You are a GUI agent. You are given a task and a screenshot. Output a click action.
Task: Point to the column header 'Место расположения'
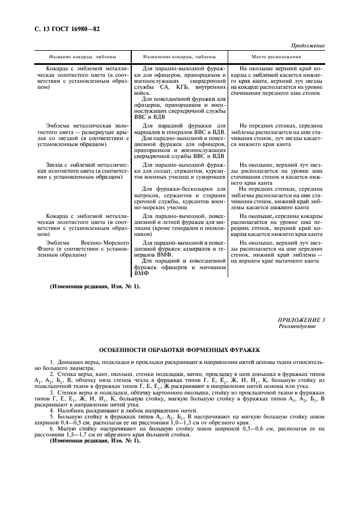coord(276,57)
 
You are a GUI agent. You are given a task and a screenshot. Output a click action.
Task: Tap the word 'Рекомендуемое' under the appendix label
coord(296,327)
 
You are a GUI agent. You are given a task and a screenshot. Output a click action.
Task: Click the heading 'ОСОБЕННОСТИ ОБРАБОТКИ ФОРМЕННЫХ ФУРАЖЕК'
coord(179,352)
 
